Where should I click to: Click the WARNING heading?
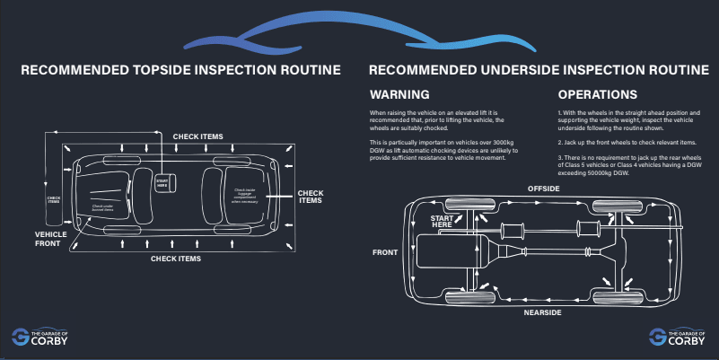click(x=399, y=94)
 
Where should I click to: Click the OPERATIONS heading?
click(x=597, y=94)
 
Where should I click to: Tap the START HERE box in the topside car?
click(x=162, y=183)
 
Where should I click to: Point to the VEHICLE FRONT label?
click(x=51, y=238)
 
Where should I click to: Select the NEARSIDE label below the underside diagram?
click(x=543, y=312)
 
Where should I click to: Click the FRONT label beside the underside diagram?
click(x=385, y=252)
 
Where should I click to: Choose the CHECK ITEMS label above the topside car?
click(x=198, y=136)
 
